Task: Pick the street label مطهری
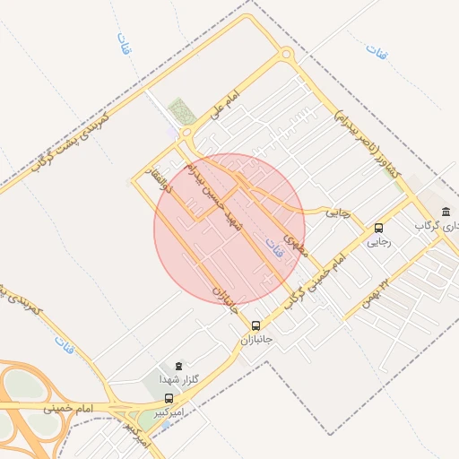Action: pyautogui.click(x=294, y=244)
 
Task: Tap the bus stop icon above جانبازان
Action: pyautogui.click(x=256, y=325)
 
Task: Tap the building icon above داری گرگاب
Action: pyautogui.click(x=446, y=212)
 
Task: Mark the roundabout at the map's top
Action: pyautogui.click(x=285, y=53)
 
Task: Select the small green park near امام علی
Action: pyautogui.click(x=182, y=110)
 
